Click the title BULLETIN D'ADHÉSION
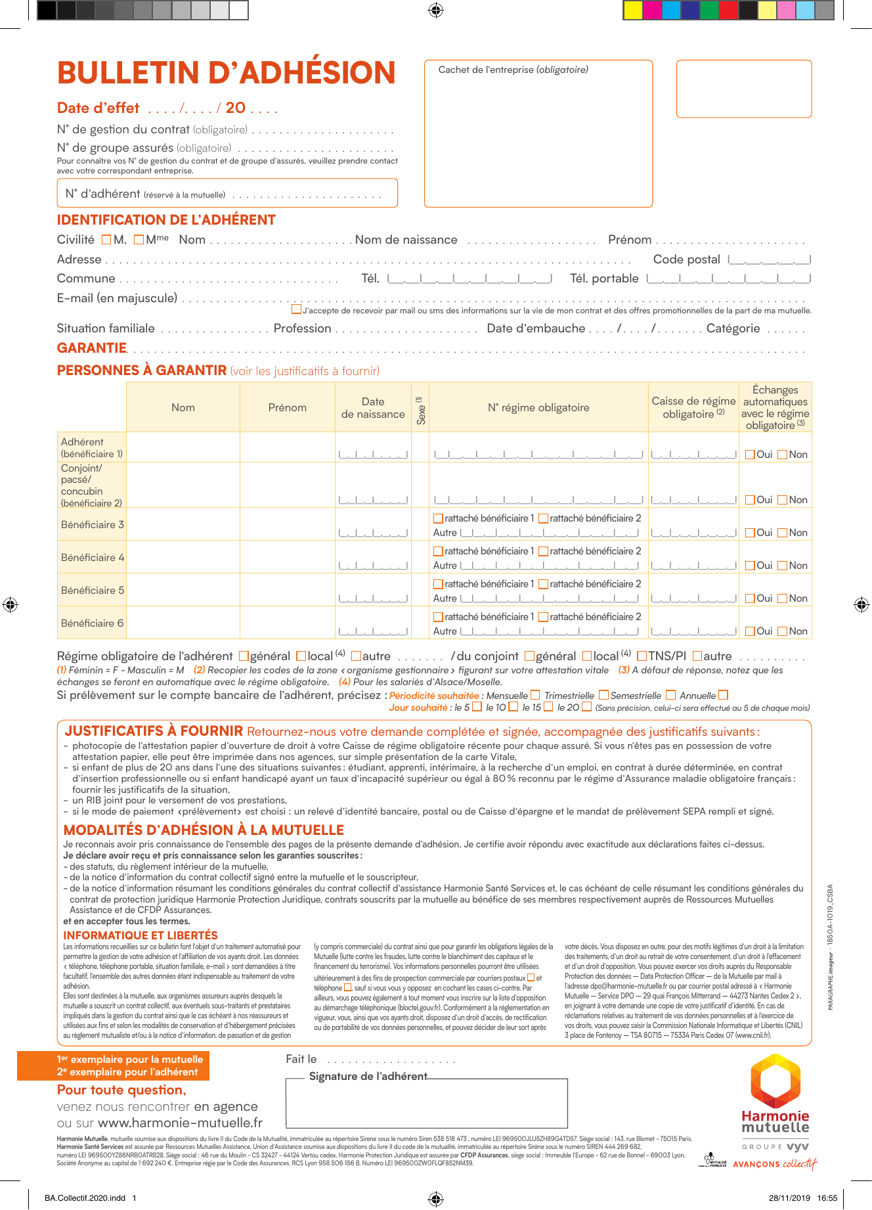(226, 73)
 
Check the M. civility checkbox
(106, 240)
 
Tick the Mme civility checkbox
(139, 240)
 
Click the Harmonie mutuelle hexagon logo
(775, 1080)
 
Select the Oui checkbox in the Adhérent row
(750, 455)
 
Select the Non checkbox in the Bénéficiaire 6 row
(782, 631)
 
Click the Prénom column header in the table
(287, 408)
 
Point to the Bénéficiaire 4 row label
(92, 558)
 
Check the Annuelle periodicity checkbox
(723, 695)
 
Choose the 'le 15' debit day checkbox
(548, 707)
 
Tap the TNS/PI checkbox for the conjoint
(642, 656)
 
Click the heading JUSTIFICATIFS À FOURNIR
(154, 731)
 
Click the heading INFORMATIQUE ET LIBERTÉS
(141, 935)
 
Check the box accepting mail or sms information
(297, 309)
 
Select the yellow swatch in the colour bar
(633, 10)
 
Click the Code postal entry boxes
(770, 260)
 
